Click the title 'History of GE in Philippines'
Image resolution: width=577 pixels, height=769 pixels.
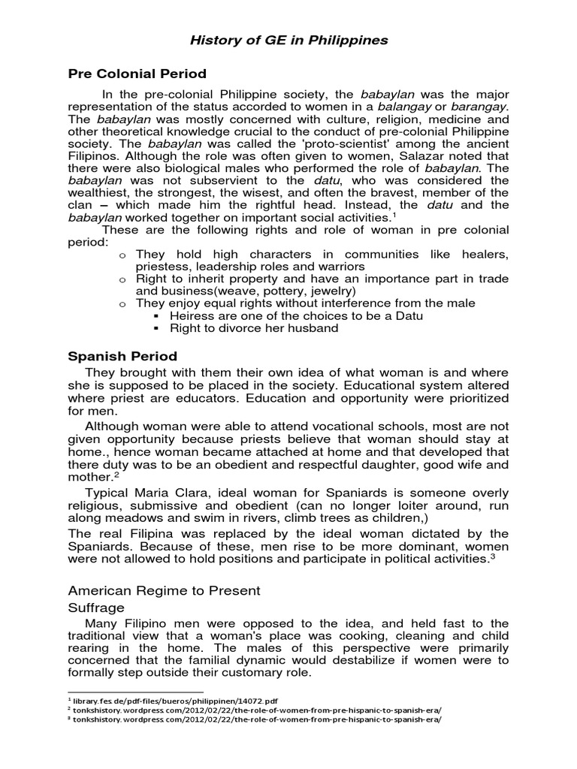[x=288, y=40]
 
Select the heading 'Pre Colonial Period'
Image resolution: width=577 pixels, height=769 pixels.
[x=137, y=74]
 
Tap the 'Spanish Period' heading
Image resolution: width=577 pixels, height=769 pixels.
[x=122, y=356]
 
